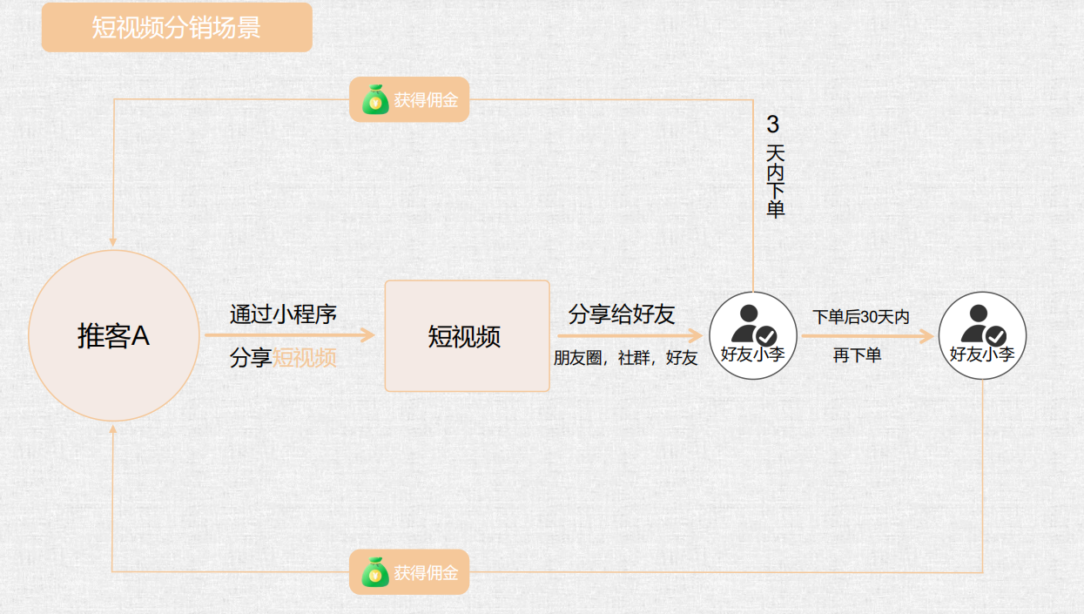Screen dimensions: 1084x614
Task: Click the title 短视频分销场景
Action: [177, 27]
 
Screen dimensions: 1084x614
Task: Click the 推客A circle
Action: [113, 336]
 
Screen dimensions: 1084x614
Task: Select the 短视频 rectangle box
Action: [467, 336]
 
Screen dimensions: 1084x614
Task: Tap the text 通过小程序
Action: [283, 314]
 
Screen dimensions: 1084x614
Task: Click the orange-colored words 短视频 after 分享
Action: [305, 357]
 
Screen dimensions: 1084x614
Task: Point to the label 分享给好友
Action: [622, 314]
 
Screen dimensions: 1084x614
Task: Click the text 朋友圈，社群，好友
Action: [625, 358]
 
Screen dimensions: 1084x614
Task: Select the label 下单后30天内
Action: [861, 317]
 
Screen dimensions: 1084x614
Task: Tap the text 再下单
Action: [857, 355]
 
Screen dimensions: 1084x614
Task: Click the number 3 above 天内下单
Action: [773, 125]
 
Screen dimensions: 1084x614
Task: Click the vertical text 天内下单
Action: [775, 181]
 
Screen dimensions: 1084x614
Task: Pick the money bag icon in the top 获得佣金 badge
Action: [375, 99]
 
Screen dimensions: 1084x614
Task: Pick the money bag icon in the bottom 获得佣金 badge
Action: [375, 572]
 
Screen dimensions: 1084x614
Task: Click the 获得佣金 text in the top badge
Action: [426, 100]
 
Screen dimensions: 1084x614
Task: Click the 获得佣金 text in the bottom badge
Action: [426, 573]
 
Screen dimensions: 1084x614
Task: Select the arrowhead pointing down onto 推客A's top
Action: [112, 241]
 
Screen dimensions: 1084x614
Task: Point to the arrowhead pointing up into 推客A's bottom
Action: [112, 430]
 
